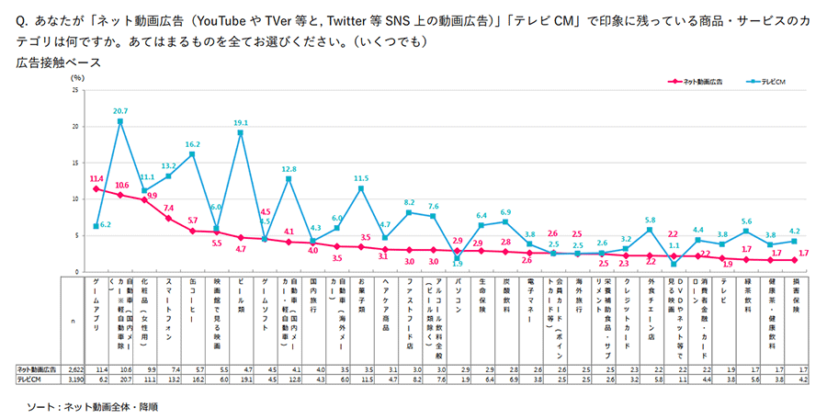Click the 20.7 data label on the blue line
pos(120,110)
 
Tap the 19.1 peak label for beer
pos(241,122)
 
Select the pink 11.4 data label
pos(96,178)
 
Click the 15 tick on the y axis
pos(74,162)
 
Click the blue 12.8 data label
pos(289,169)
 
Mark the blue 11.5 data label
pos(361,178)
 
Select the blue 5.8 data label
pos(650,220)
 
